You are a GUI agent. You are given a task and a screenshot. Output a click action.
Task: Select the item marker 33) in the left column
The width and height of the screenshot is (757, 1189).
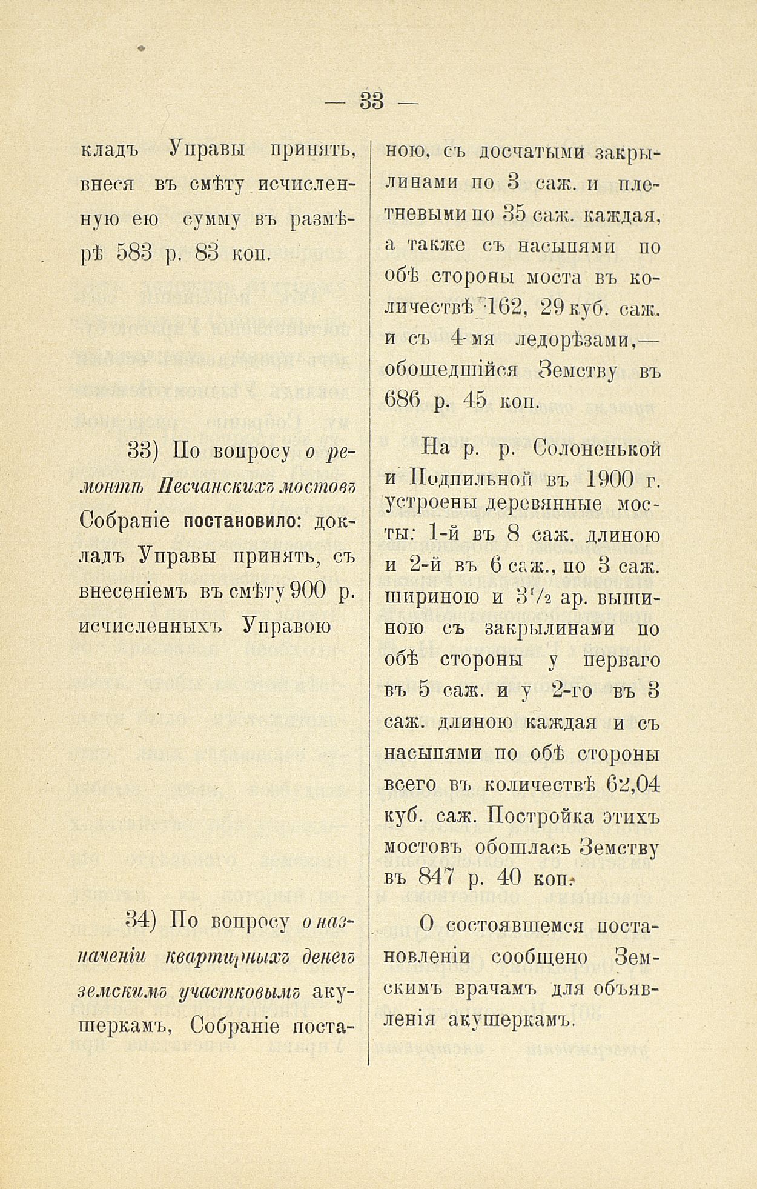[142, 451]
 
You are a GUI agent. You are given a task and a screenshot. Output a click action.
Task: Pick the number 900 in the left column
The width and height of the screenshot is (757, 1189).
[308, 590]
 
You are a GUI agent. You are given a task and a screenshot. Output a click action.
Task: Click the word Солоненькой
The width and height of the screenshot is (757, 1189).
[597, 448]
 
